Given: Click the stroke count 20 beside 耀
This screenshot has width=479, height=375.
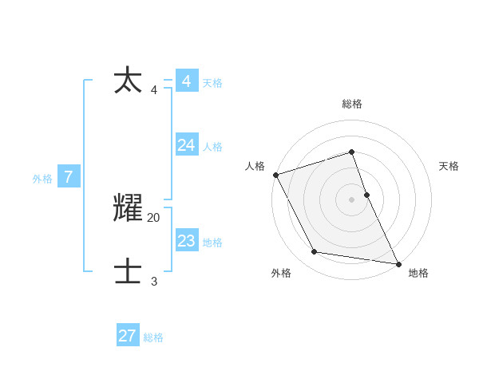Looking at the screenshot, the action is (154, 217).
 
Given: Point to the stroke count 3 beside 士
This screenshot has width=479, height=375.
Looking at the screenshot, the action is (154, 281).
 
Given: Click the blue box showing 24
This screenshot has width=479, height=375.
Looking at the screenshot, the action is (187, 144).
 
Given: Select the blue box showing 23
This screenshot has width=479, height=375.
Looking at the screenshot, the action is (187, 240).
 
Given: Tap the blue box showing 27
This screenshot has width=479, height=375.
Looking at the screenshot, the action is (128, 336).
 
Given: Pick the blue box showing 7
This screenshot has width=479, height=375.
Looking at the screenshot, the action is (69, 177).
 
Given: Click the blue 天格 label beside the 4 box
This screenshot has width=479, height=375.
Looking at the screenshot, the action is (212, 83).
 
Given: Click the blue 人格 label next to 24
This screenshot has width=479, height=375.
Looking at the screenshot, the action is (212, 147).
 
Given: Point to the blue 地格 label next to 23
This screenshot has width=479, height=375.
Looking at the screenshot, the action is (212, 243).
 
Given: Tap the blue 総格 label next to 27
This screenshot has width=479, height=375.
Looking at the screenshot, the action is (153, 338).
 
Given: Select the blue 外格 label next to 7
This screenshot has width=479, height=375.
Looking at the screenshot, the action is (42, 180).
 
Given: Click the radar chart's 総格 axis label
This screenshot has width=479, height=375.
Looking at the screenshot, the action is (352, 104).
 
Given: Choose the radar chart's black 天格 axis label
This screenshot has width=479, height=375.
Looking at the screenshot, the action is (449, 166).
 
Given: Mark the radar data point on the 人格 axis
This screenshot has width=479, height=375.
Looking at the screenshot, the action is (275, 174).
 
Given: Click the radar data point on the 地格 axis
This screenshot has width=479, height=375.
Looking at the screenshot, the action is (398, 263).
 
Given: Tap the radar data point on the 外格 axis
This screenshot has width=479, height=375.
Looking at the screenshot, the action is (315, 252).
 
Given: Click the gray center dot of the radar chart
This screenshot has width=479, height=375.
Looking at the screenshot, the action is (351, 199).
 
